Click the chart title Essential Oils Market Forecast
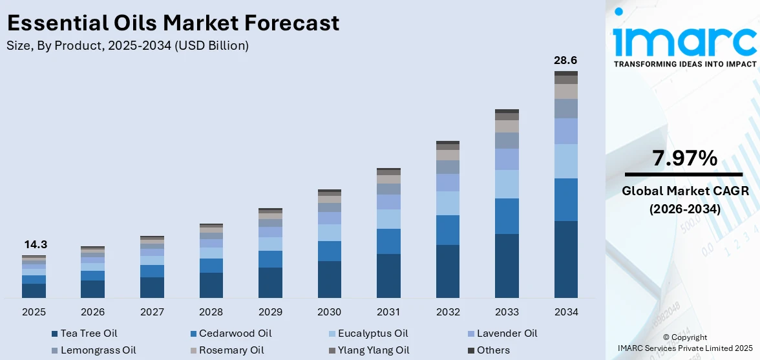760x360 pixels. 173,23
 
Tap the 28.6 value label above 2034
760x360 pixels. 565,60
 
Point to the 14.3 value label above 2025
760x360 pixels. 36,244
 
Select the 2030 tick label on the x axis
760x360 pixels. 329,312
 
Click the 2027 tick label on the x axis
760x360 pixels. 152,312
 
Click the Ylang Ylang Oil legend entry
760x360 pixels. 368,350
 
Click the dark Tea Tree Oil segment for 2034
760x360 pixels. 565,259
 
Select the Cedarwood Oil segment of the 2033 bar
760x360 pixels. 507,216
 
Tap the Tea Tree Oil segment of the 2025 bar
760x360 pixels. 34,290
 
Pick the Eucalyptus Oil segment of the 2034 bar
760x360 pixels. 565,161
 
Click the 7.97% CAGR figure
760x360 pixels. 685,158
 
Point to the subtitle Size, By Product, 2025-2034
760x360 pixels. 127,45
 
